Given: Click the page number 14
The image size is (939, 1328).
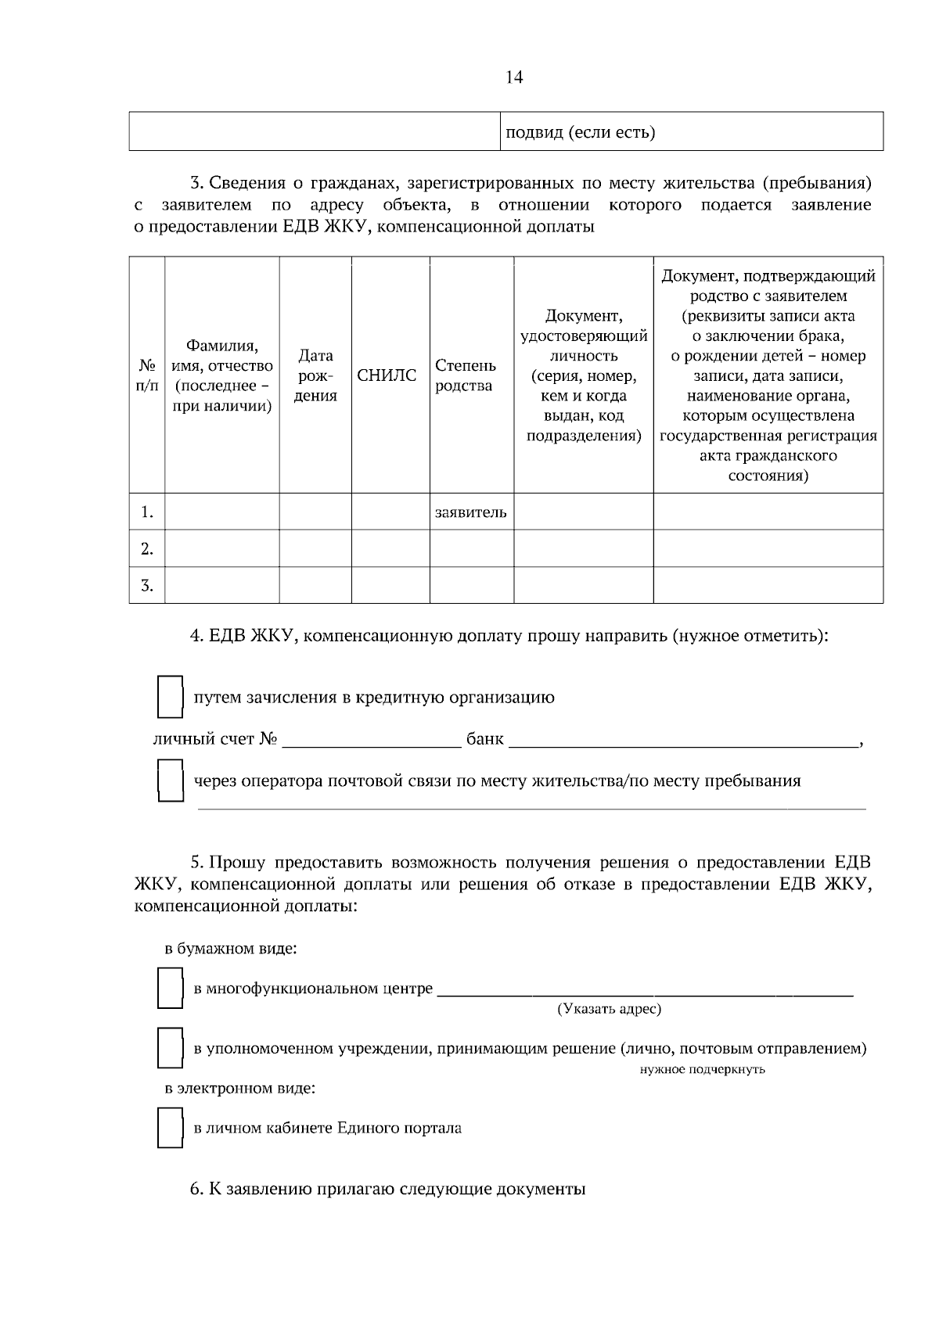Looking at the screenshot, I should pos(514,77).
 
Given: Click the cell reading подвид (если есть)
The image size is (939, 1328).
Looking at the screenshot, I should pos(580,132).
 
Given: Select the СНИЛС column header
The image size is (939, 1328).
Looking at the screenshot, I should pos(387,375).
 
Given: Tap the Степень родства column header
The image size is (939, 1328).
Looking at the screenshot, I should pos(466,375).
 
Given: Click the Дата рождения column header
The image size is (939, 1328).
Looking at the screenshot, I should pos(315,375).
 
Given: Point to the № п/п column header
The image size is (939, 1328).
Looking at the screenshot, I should pos(146,375).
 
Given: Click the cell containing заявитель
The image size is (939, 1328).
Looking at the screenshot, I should pos(470,512).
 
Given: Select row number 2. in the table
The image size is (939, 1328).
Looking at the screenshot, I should pos(146,549).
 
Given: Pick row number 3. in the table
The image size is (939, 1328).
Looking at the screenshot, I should pos(146,585).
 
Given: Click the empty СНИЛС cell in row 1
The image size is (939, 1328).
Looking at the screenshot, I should pos(390,512).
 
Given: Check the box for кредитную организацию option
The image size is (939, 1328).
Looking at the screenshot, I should pos(170,697).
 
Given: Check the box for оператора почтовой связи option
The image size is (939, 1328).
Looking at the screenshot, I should pos(170,781).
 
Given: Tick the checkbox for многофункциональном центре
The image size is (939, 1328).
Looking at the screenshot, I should pos(170,989).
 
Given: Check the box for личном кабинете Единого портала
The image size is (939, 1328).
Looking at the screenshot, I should pos(170,1128).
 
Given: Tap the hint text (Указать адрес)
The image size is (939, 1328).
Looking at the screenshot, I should pos(609,1009).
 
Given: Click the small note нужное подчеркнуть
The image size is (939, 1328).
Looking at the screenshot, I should pos(702,1069).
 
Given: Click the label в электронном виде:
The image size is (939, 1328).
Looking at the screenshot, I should pos(239,1088).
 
